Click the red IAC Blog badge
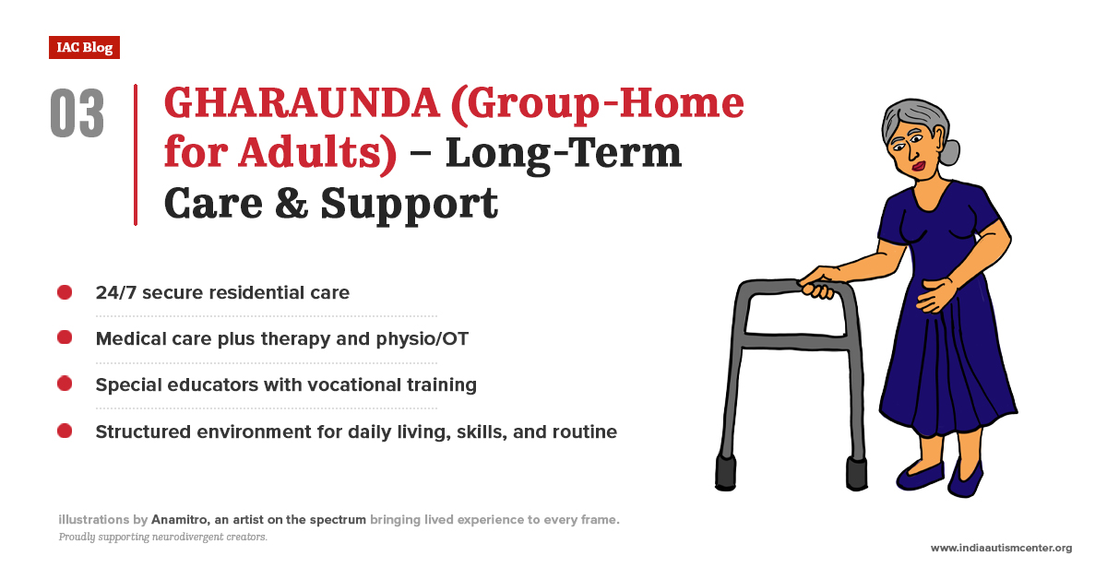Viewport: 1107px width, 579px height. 84,47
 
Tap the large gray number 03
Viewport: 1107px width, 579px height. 77,113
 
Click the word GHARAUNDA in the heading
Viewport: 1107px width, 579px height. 302,102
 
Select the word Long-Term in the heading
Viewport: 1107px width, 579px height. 564,153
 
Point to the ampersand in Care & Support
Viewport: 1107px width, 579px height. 292,203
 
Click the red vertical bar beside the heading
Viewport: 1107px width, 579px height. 136,155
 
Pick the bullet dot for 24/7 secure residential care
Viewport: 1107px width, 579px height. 65,292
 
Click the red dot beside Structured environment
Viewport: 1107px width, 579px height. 65,431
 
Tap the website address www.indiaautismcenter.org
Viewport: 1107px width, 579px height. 1001,548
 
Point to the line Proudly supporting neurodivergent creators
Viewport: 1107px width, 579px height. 163,537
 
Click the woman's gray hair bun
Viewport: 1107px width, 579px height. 949,153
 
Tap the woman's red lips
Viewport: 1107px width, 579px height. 919,166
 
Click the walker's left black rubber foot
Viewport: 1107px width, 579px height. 725,473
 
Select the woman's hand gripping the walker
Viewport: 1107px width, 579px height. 817,284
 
